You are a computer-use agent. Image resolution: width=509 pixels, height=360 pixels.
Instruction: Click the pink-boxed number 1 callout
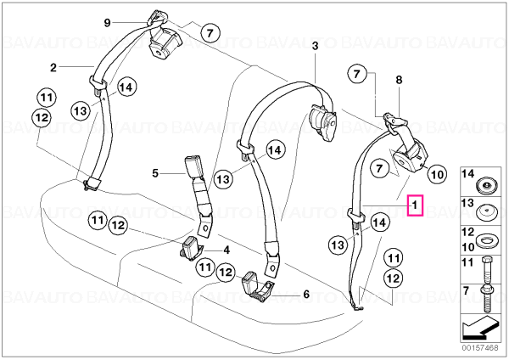click(x=415, y=205)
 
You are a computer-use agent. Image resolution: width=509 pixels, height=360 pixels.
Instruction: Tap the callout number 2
click(x=53, y=68)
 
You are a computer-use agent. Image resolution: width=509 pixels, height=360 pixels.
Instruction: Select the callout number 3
click(x=316, y=47)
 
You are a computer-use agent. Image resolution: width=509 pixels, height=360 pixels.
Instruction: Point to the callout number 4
click(x=227, y=250)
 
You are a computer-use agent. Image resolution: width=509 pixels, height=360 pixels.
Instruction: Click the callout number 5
click(x=155, y=173)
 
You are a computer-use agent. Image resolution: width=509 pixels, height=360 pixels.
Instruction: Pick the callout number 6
click(x=306, y=295)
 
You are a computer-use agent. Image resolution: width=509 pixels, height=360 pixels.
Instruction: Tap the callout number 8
click(x=399, y=80)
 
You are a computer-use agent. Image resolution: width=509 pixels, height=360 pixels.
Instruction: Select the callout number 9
click(x=107, y=23)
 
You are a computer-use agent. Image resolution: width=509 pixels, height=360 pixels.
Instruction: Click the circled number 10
click(x=437, y=174)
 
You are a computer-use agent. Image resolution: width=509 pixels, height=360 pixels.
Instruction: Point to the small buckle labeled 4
click(x=190, y=249)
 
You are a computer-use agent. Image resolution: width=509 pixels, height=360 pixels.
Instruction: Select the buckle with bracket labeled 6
click(x=257, y=285)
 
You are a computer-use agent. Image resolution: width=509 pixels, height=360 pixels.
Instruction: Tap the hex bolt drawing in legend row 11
click(x=487, y=270)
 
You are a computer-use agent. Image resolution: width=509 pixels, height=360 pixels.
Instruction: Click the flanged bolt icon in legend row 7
click(x=487, y=299)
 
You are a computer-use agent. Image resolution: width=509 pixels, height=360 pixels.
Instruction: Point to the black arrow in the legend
click(x=480, y=328)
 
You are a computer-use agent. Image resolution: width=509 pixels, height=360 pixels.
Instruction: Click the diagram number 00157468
click(x=480, y=347)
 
